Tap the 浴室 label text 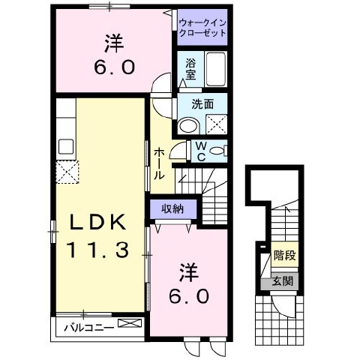click(191, 70)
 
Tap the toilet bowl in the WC click(217, 151)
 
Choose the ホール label click(159, 163)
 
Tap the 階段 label click(285, 256)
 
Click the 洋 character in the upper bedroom click(115, 42)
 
